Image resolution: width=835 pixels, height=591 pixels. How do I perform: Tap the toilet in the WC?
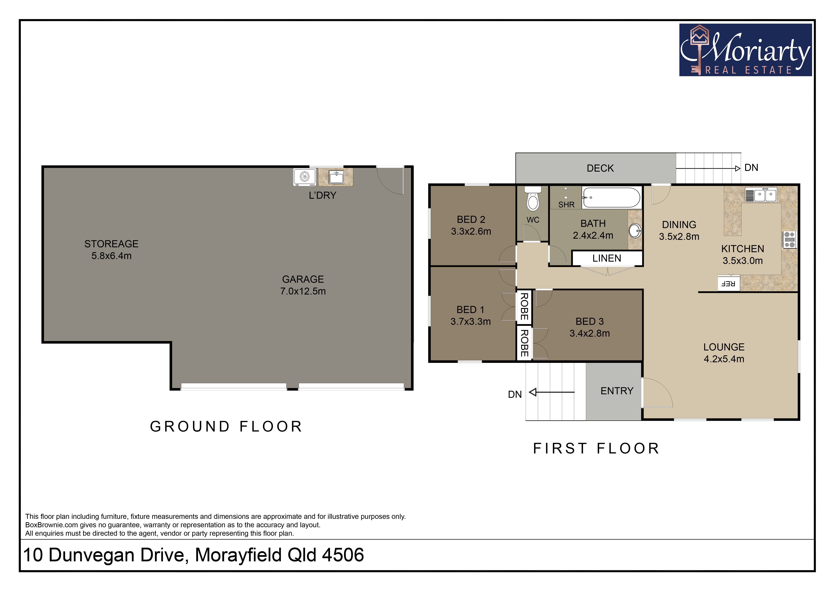pos(533,199)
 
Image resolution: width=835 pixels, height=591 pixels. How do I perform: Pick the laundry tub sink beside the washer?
pos(336,177)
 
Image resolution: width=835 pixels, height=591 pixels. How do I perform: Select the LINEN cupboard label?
pos(607,258)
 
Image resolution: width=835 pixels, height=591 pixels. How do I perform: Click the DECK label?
pos(600,168)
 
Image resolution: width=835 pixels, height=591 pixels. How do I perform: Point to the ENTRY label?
pos(617,391)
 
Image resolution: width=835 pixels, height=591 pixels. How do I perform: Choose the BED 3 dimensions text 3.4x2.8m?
pos(589,333)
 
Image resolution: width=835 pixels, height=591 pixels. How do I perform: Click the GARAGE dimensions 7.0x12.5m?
pos(303,291)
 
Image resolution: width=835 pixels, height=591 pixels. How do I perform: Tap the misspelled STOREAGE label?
pos(111,244)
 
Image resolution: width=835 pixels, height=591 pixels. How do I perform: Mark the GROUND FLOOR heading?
pos(226,426)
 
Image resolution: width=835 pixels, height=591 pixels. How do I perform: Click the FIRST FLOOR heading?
pos(596,448)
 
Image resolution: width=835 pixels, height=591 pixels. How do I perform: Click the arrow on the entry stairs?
pos(552,392)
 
